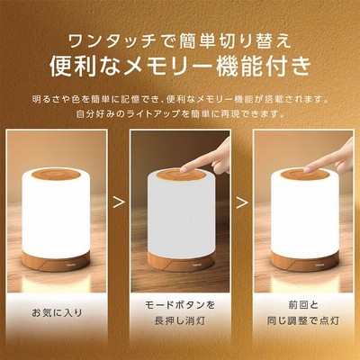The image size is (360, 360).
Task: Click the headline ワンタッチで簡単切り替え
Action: pos(180,40)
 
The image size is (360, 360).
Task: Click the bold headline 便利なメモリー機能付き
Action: pos(180,67)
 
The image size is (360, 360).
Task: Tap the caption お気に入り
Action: pos(57,313)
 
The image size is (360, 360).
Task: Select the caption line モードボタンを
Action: pos(180,305)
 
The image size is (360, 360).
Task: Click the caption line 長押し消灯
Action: pos(180,320)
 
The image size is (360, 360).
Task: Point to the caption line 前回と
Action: pos(303,305)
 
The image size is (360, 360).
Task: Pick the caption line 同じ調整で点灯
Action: pos(303,320)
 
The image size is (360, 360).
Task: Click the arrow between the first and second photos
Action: pos(119,202)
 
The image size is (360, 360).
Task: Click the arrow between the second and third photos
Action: pos(242,202)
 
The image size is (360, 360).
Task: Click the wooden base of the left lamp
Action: pos(56,262)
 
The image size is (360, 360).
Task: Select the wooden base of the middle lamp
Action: pos(181,262)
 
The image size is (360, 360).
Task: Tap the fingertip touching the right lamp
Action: pos(307,169)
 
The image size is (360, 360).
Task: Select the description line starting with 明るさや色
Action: pos(180,99)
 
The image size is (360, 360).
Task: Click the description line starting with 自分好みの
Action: pos(180,114)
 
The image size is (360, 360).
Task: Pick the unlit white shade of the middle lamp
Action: pos(181,218)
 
